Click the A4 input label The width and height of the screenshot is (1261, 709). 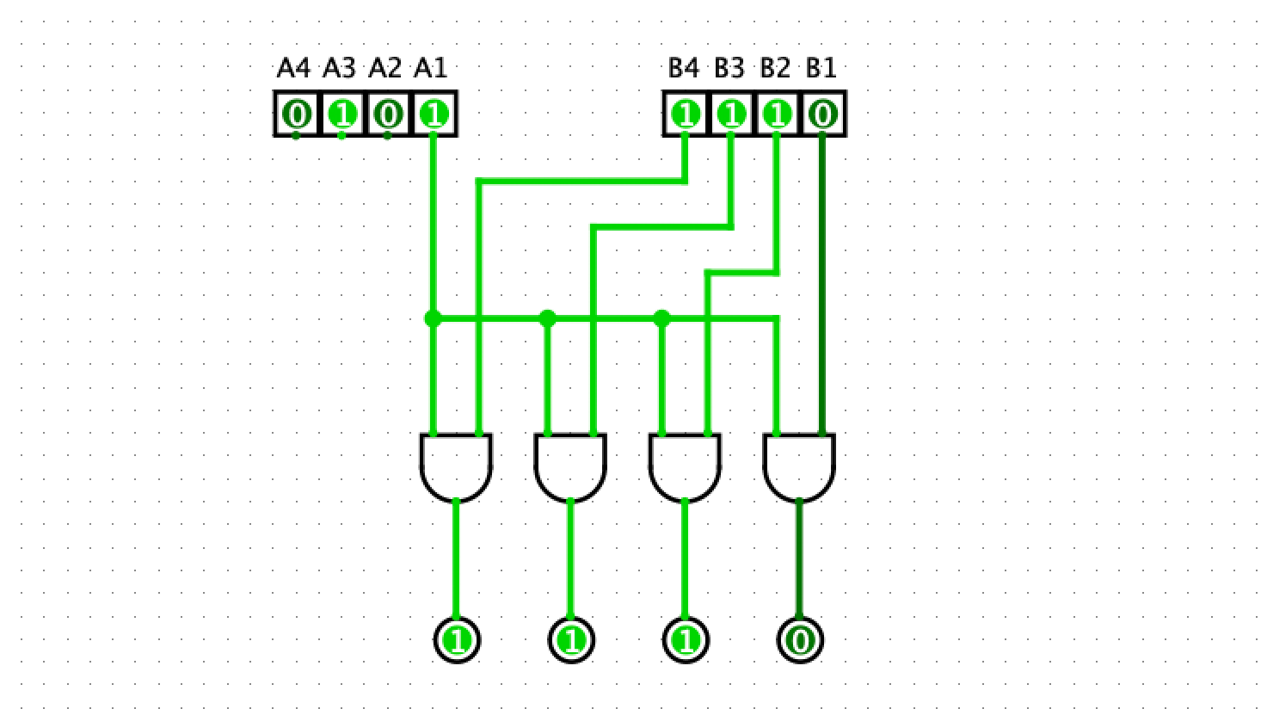293,68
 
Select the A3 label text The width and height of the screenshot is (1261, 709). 339,68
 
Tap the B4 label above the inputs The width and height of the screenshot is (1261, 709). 684,68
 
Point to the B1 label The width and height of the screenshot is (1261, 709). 821,68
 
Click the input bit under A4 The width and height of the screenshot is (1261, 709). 297,114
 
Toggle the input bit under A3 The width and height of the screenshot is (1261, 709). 342,114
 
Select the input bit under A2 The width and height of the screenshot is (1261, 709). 388,114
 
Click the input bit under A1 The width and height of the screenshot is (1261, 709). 434,114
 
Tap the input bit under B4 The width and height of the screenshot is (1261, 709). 686,114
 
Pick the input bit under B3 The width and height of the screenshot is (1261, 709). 731,114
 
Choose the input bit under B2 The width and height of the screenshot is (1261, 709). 777,114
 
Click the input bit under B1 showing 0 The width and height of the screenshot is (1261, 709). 822,114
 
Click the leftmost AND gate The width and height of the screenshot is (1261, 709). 456,466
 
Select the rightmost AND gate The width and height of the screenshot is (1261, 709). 799,466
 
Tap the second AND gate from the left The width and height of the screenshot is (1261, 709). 570,466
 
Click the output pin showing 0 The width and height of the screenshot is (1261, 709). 800,640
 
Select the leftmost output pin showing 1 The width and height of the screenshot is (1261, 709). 457,640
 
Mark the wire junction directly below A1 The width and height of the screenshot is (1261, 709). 433,319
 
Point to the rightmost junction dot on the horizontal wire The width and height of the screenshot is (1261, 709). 661,319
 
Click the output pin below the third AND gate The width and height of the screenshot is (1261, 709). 686,640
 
